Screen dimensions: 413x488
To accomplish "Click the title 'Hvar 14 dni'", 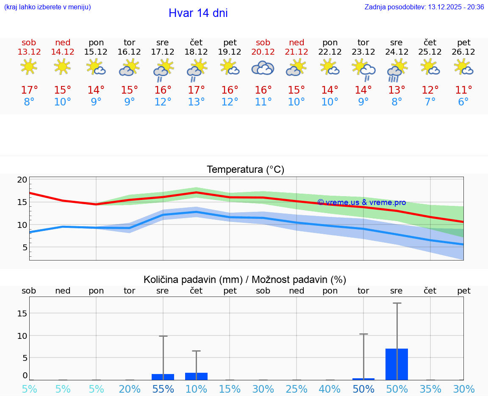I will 198,13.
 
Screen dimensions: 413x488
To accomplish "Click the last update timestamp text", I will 424,7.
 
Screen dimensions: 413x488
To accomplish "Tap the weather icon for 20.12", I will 263,68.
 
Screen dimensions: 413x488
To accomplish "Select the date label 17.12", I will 163,52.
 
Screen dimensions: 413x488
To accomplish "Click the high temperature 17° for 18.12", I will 196,90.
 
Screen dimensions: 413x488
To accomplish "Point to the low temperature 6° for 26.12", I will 463,102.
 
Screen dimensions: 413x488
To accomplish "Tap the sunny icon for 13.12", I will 29,67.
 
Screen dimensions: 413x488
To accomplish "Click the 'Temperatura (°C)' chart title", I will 245,170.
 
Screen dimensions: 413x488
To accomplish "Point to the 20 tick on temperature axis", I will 22,180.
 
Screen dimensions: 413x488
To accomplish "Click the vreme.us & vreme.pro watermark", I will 361,202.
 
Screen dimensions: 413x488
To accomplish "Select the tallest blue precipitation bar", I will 396,364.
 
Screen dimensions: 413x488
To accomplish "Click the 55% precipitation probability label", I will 163,389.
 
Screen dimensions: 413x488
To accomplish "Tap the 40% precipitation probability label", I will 330,389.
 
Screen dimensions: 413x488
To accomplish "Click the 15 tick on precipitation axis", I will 22,313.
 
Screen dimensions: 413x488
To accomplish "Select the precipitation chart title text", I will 245,280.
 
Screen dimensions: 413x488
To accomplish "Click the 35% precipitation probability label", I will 430,389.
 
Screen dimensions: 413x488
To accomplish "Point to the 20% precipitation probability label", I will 129,389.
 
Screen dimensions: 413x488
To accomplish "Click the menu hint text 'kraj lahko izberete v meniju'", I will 47,7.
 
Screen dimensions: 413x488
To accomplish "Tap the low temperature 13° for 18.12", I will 196,102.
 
